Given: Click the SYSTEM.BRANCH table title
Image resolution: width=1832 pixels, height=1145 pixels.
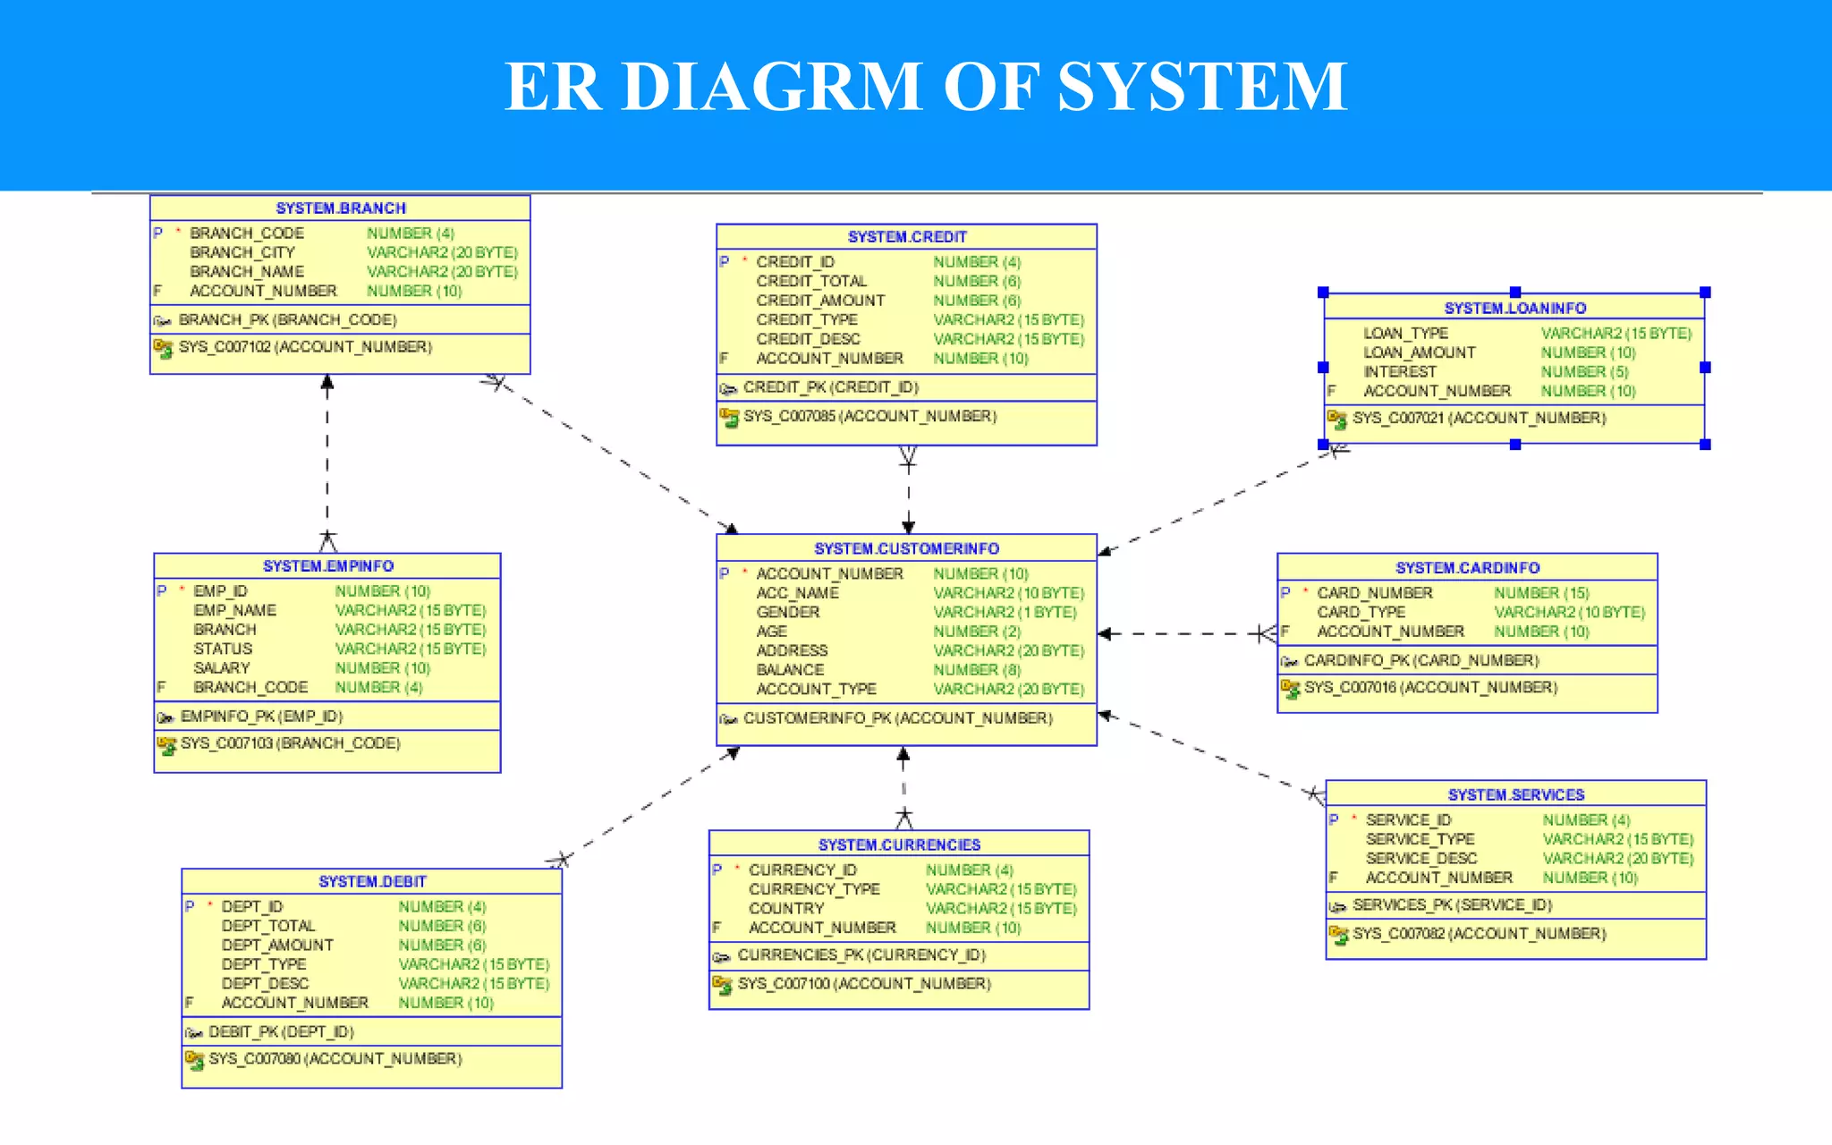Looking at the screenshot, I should (341, 208).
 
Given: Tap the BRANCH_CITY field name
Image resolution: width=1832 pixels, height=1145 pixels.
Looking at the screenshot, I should (242, 252).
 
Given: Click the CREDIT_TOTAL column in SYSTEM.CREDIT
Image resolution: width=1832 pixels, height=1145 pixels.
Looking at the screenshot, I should (810, 281).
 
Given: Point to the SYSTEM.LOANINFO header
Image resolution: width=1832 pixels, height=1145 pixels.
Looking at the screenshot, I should (1514, 309).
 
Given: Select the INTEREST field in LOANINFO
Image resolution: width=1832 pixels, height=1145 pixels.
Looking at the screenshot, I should (1399, 371).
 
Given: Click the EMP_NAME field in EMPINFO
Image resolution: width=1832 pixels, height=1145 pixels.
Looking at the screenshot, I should (234, 610).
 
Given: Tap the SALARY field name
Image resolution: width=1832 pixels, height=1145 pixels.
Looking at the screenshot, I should (222, 668).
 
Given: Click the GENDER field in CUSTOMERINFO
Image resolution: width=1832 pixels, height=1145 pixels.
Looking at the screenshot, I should (787, 612).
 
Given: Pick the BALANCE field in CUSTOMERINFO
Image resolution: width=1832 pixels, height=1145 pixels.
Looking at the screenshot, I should (790, 670).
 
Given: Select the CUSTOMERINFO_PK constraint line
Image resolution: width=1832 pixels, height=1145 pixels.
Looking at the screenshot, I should (897, 718).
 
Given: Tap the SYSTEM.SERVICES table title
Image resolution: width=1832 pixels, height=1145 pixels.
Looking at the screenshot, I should (1515, 795).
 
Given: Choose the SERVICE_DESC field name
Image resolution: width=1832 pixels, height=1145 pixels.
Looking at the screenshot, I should (1421, 858).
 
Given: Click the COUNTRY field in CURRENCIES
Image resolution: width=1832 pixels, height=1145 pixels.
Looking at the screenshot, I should (785, 908).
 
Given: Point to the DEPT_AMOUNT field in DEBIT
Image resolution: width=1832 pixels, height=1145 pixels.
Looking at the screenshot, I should (277, 945).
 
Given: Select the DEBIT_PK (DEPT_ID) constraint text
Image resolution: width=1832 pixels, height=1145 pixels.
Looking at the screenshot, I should (281, 1031).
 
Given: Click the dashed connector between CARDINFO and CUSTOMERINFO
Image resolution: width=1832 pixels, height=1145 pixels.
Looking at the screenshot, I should (1181, 633).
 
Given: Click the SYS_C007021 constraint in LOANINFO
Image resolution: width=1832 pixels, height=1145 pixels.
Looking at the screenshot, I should (1479, 419).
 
